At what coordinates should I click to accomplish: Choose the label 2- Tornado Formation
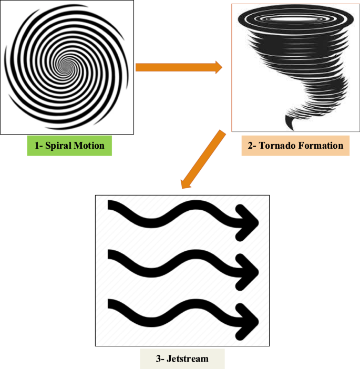(292, 146)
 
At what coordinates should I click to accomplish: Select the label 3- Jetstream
(182, 359)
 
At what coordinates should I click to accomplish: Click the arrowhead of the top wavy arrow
(251, 220)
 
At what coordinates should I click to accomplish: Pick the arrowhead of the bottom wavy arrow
(251, 319)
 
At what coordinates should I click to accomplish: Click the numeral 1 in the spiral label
(37, 146)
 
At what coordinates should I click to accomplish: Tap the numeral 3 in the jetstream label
(158, 359)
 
